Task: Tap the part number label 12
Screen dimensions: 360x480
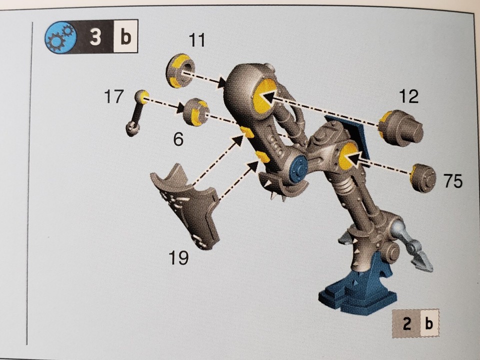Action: pyautogui.click(x=408, y=96)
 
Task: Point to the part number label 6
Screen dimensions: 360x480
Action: pyautogui.click(x=178, y=139)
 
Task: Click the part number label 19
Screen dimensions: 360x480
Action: pyautogui.click(x=178, y=258)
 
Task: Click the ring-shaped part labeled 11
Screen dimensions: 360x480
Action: pyautogui.click(x=179, y=71)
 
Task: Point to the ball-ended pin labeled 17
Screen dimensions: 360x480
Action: pyautogui.click(x=136, y=112)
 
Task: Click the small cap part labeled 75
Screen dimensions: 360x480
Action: pyautogui.click(x=422, y=178)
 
